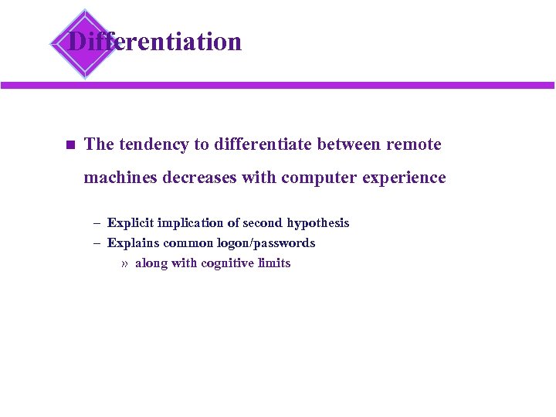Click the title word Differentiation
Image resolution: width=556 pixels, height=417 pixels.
154,41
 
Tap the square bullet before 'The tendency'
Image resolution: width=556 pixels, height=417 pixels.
69,144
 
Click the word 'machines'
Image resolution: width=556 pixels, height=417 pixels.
119,178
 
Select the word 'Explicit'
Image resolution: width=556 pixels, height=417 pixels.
131,223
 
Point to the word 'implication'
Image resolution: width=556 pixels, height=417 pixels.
190,223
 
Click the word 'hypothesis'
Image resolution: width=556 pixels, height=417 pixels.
318,223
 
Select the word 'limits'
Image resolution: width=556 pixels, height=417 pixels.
274,263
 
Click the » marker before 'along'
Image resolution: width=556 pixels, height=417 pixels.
124,263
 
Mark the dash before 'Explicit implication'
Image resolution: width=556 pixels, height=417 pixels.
97,223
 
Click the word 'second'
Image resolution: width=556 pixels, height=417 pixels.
263,223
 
